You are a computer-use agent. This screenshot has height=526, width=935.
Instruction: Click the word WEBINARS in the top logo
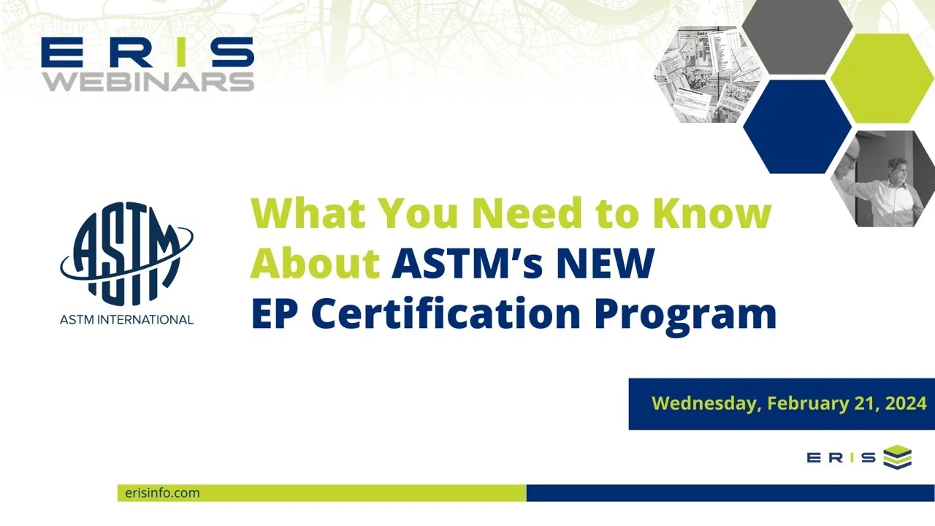148,80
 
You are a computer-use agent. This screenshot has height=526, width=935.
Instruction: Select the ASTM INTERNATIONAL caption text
126,319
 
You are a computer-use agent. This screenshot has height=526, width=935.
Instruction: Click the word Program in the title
684,314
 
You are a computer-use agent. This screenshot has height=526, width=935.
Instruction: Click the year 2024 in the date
905,403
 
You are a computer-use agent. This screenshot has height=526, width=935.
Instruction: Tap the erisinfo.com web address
162,493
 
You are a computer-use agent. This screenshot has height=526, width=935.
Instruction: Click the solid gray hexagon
797,37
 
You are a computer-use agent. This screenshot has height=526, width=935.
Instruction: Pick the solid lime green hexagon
882,78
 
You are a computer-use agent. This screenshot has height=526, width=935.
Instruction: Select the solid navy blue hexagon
797,126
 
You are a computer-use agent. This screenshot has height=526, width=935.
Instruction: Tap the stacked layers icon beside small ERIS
897,457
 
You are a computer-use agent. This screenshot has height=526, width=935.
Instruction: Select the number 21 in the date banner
861,403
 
